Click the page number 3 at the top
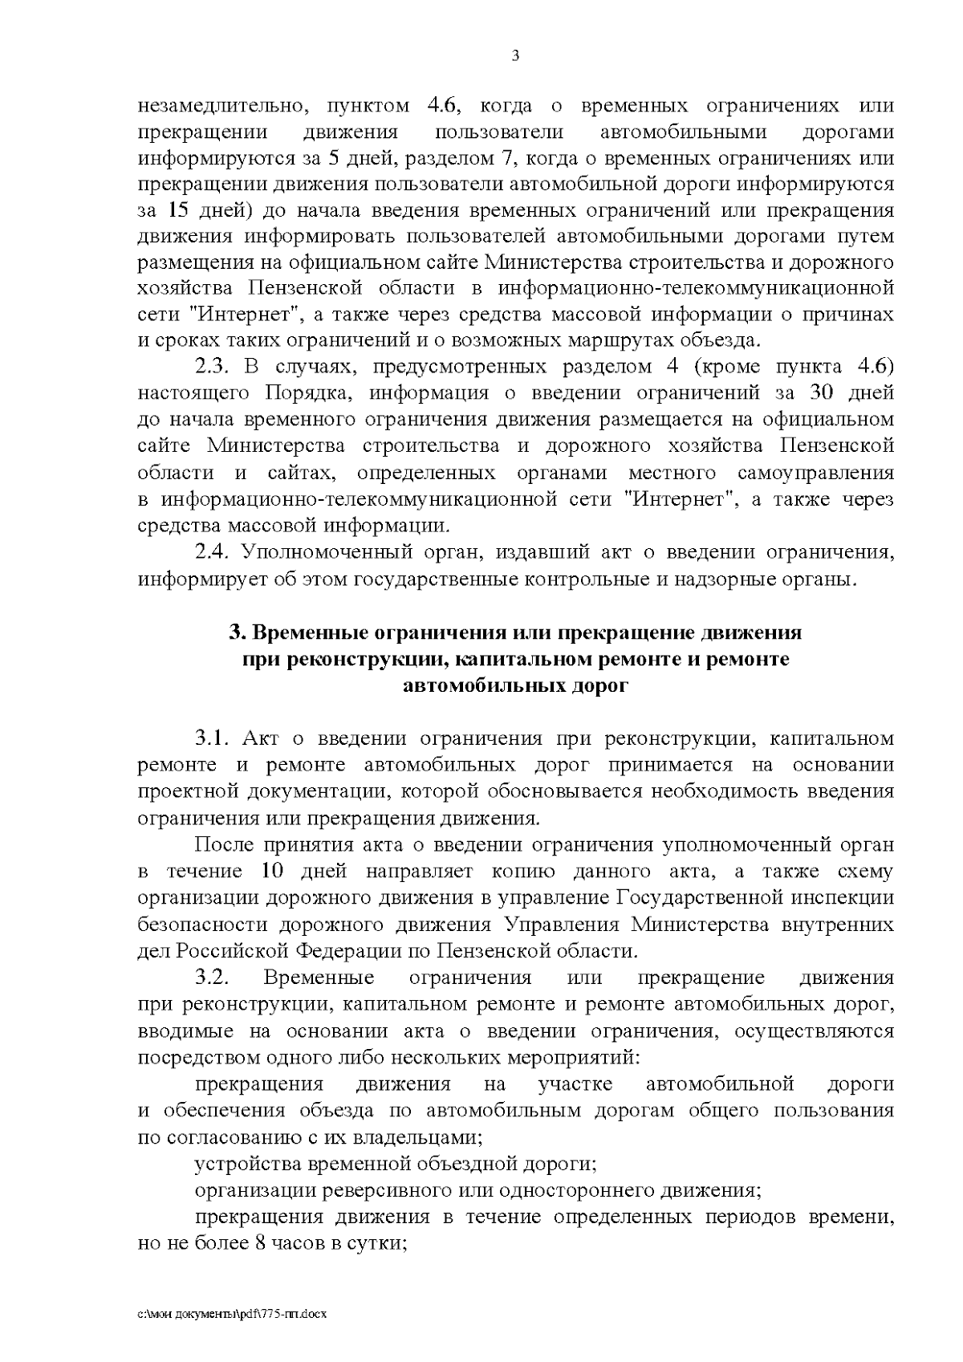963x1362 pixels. point(514,55)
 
